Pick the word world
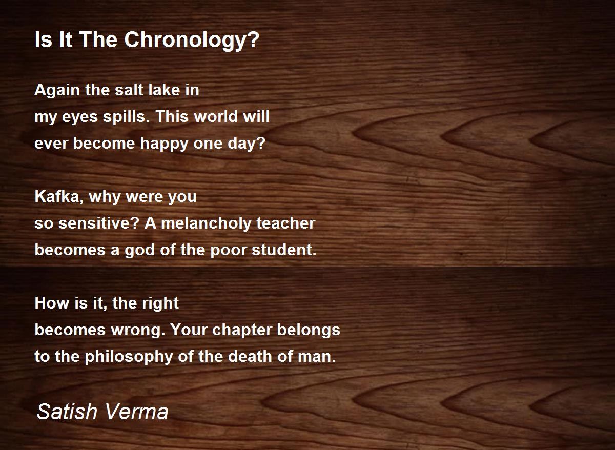pyautogui.click(x=214, y=117)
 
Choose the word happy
pyautogui.click(x=164, y=144)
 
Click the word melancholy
pyautogui.click(x=206, y=224)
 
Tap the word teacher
pyautogui.click(x=286, y=223)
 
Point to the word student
pyautogui.click(x=284, y=250)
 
